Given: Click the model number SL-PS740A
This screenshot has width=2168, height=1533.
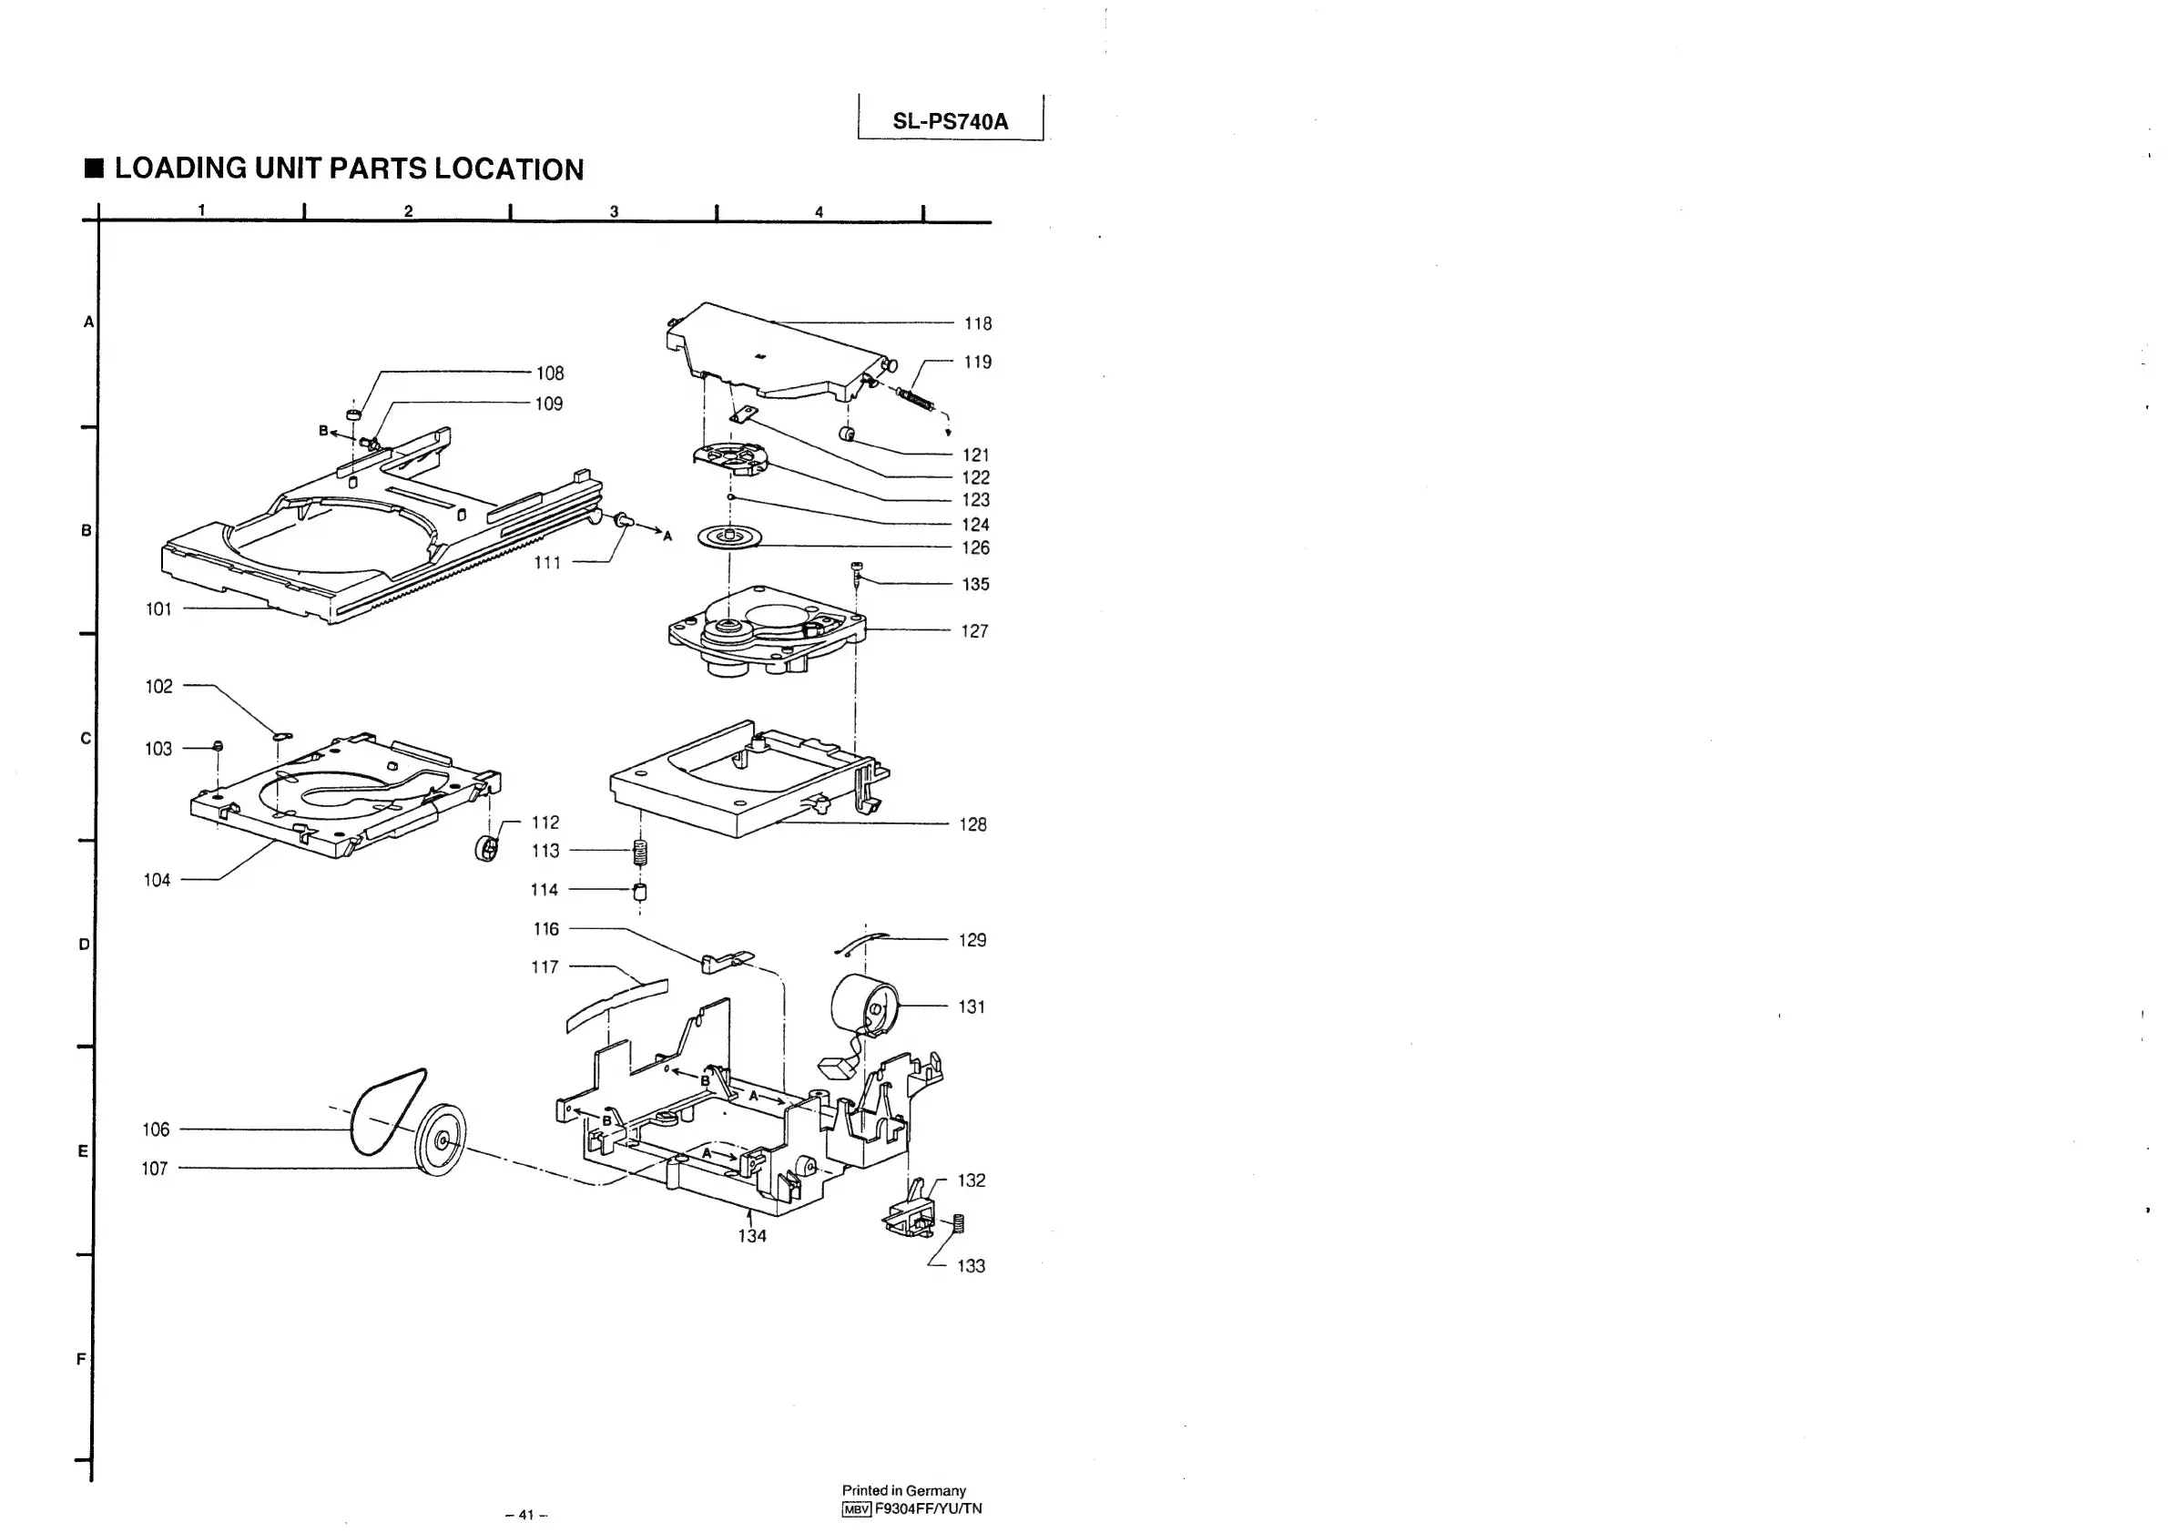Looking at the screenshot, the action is (950, 121).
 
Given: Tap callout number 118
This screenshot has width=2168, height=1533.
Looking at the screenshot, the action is (977, 324).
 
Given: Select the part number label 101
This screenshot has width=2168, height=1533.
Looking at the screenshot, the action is (158, 609).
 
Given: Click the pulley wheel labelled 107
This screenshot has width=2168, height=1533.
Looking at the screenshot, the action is (441, 1140).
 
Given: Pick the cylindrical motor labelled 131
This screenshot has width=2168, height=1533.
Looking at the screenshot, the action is (863, 1007).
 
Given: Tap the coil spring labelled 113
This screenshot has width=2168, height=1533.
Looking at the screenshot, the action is (640, 852).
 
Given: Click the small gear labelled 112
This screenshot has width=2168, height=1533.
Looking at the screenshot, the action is (487, 848).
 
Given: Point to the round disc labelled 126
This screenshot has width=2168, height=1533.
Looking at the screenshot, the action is (729, 538).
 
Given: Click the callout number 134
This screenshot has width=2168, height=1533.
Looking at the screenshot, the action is (751, 1236).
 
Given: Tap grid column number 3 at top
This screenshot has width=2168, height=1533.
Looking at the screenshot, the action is (614, 211).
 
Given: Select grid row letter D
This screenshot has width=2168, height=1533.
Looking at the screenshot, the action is (84, 945).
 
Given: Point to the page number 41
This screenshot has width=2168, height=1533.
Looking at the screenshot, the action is (526, 1514).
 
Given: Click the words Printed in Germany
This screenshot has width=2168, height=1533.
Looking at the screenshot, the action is (903, 1490).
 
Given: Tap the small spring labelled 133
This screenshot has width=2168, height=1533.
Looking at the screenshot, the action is (959, 1223).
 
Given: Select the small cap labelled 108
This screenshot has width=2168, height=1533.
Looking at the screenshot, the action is (353, 414).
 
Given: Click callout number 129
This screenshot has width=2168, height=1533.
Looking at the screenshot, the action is (972, 941).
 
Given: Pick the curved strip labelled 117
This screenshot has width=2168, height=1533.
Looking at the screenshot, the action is (616, 1005).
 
